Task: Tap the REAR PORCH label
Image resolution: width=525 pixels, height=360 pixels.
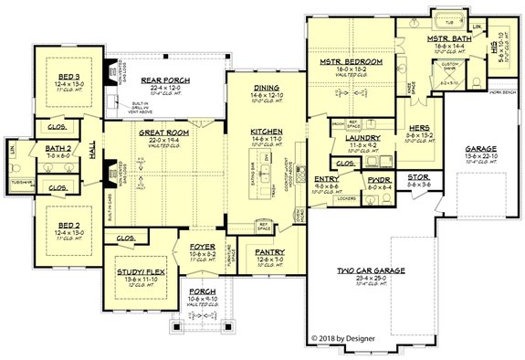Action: coord(164,80)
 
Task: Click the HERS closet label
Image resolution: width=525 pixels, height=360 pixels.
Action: coord(420,127)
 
